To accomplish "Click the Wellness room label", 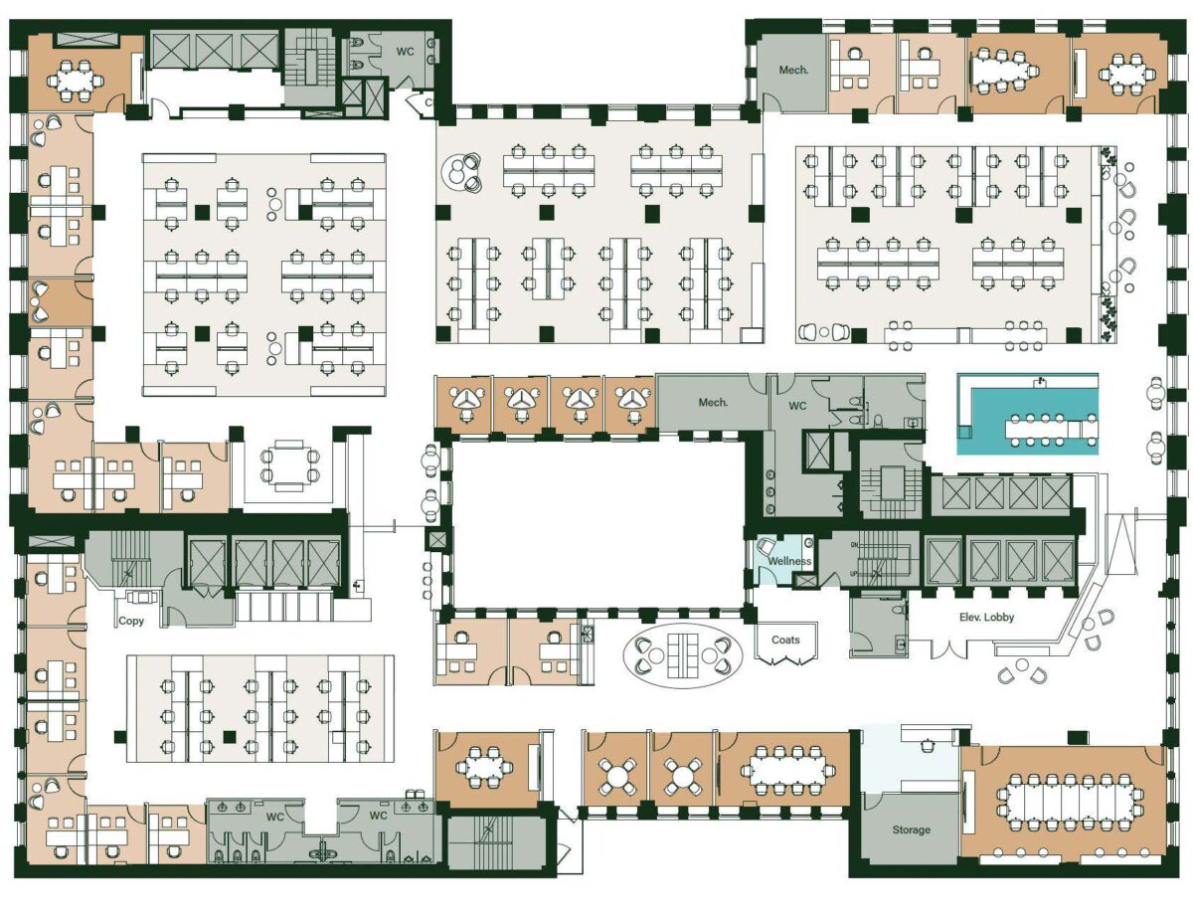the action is click(789, 561).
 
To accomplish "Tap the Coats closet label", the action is click(785, 640).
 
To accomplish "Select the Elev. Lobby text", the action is click(986, 617).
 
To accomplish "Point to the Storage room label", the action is click(912, 829).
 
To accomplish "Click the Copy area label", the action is click(131, 621).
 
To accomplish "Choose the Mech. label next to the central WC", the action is click(713, 402).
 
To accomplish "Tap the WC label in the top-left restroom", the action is click(406, 52).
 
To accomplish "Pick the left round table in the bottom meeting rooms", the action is click(617, 778).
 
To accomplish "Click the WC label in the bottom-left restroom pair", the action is click(275, 817).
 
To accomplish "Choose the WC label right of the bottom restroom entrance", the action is click(378, 816).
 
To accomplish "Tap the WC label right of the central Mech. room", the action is click(797, 406).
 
